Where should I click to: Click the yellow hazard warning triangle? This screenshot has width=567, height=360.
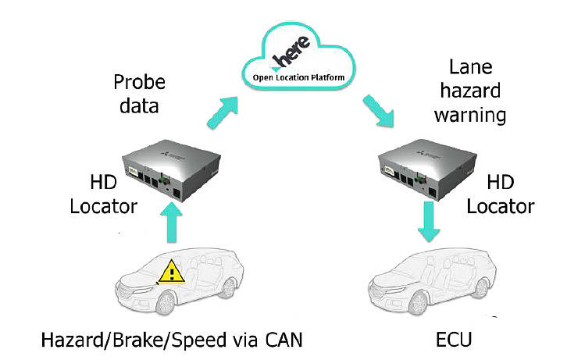(172, 272)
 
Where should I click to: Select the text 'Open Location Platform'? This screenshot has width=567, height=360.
(298, 77)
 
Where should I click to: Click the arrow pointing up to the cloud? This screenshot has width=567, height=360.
(223, 112)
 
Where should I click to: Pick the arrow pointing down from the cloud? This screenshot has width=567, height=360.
(378, 111)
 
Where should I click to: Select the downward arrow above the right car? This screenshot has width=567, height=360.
(429, 221)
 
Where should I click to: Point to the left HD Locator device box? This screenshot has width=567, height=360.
(171, 169)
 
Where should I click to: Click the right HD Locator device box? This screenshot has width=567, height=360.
(427, 169)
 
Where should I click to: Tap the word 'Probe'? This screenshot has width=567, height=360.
(140, 83)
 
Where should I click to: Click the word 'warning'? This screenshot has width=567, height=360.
(470, 116)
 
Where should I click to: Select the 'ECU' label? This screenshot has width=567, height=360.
(455, 340)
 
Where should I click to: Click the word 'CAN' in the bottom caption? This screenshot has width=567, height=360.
(283, 340)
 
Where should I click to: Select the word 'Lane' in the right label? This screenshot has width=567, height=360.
(471, 67)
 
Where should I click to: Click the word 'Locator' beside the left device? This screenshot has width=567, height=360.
(104, 206)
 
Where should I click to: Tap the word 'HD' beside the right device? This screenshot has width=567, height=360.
(501, 182)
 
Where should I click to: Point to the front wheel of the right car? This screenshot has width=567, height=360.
(419, 303)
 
